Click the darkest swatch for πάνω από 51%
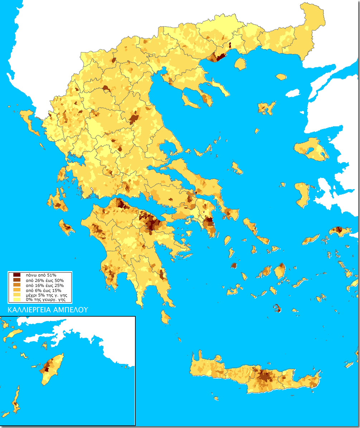tap(16, 275)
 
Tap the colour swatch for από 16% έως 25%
tap(16, 285)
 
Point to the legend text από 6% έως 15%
tap(41, 290)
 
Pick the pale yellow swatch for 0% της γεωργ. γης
tap(16, 300)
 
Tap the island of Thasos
tap(240, 64)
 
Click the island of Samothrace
tap(281, 77)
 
